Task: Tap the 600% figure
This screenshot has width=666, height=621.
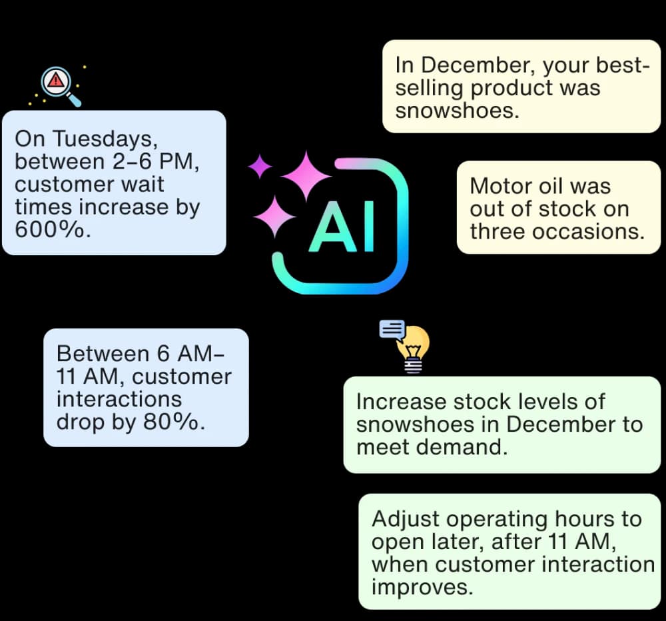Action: click(49, 229)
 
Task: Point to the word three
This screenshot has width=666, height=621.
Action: click(498, 232)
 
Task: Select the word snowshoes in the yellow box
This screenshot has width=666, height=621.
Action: click(454, 111)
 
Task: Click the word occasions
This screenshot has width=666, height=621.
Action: click(588, 232)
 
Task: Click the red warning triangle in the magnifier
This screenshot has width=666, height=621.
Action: click(56, 80)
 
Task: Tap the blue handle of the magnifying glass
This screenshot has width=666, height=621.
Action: click(74, 101)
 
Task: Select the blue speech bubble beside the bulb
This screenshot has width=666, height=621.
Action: click(392, 329)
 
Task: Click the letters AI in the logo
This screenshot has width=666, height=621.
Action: click(342, 227)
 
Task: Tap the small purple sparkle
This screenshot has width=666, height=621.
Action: click(260, 166)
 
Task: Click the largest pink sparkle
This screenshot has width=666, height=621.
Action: click(306, 176)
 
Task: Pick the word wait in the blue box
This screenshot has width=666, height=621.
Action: click(143, 185)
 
